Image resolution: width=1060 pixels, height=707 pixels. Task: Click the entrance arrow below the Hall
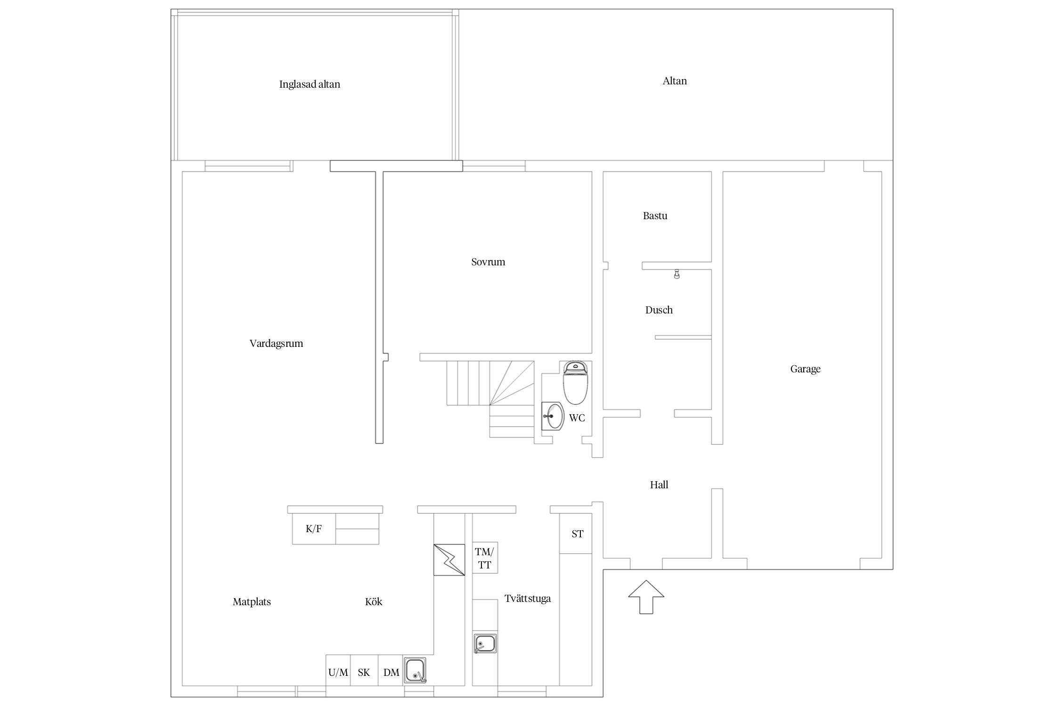(646, 597)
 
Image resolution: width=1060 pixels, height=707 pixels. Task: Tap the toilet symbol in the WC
(575, 383)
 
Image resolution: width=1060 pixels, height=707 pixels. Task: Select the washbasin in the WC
(553, 416)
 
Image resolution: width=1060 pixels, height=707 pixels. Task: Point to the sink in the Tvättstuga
(485, 643)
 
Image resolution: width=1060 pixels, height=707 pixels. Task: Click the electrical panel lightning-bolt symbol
(449, 560)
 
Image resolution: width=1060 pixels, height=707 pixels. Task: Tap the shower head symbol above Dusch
(677, 274)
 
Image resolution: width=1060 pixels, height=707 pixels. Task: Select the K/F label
(314, 528)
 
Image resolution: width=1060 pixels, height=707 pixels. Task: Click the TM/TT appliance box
(485, 558)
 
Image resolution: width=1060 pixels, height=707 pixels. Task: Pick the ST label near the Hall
(578, 534)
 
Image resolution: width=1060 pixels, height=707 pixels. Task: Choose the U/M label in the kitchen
(338, 672)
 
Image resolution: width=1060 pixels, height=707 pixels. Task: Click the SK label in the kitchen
(364, 672)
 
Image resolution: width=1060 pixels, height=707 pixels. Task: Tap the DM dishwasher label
(391, 672)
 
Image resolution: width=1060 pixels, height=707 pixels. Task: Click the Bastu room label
(655, 216)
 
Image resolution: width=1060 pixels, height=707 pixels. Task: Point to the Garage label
(805, 369)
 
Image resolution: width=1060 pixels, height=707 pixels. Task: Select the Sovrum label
(488, 262)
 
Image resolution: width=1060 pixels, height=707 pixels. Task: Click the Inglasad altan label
(310, 84)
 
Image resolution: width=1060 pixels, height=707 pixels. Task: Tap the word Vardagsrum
(276, 344)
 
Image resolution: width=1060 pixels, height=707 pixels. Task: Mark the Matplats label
(252, 602)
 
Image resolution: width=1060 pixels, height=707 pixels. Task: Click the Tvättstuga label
(528, 599)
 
